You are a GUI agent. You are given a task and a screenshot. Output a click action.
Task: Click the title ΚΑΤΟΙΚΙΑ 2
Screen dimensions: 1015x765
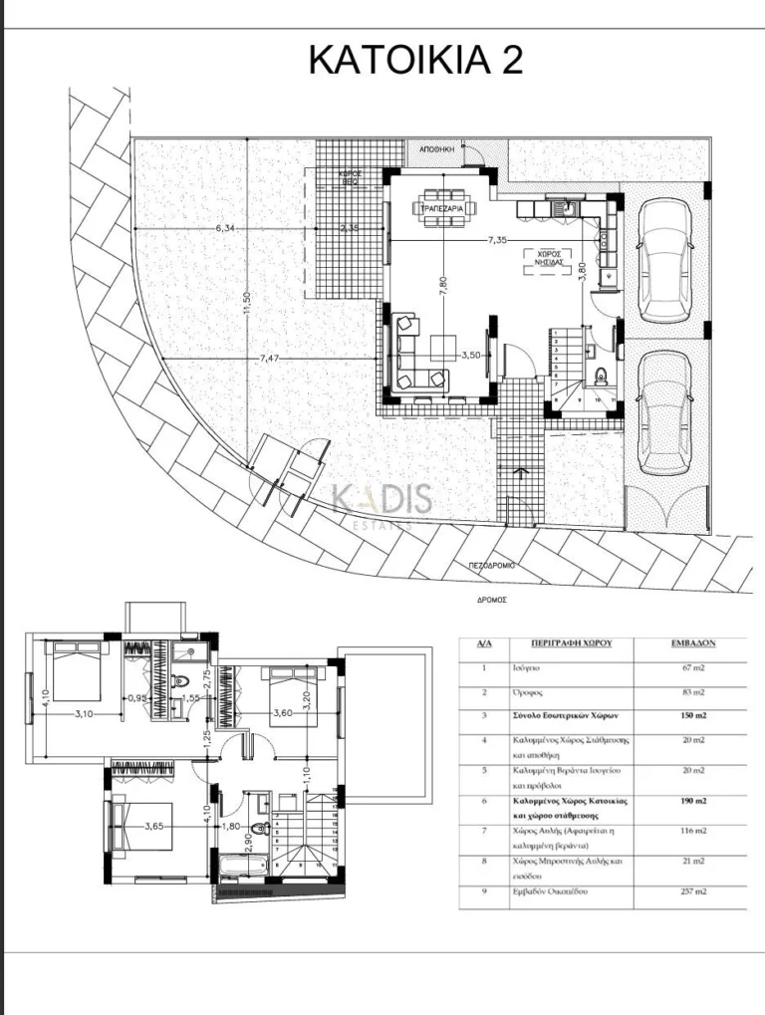tap(415, 60)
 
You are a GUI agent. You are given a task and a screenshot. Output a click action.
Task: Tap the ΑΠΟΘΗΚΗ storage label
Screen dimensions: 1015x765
tap(437, 147)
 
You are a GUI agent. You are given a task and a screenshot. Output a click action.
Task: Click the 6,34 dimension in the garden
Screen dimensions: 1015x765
tap(225, 228)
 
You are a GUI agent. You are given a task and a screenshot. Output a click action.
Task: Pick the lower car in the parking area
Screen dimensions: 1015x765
tap(661, 411)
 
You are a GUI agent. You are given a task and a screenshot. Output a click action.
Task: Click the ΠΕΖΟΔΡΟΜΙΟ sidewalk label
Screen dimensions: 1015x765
tap(493, 565)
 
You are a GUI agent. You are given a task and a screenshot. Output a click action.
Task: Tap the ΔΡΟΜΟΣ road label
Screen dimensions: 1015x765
tap(492, 600)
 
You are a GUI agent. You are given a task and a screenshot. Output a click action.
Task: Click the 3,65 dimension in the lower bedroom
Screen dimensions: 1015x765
tap(154, 826)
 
